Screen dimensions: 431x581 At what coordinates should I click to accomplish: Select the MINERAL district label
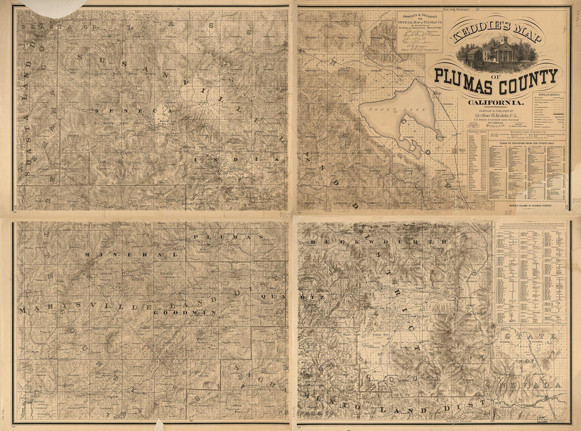(x=127, y=255)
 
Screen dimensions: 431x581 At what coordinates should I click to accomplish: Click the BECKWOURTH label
(x=378, y=241)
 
